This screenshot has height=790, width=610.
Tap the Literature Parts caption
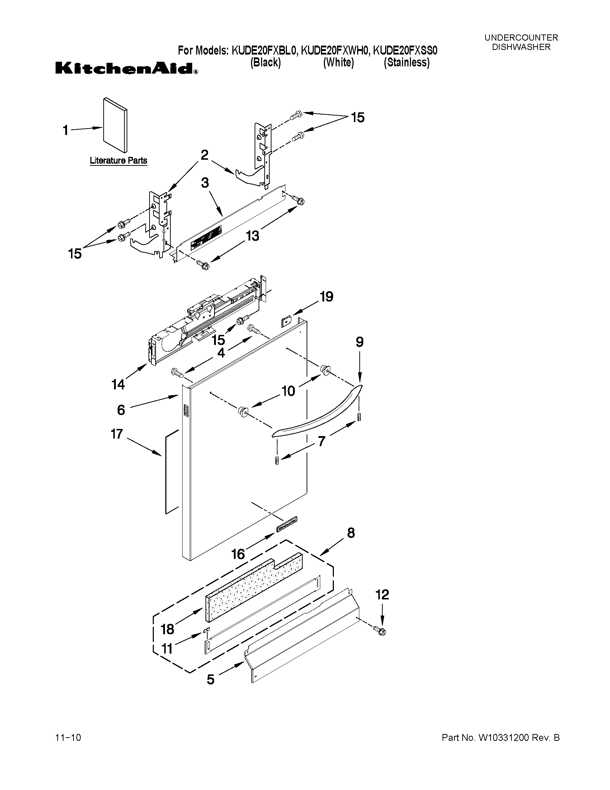click(x=118, y=160)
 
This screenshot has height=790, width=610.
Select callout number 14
click(x=118, y=384)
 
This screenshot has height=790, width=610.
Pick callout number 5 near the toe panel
click(x=211, y=679)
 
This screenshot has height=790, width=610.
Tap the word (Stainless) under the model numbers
click(x=407, y=62)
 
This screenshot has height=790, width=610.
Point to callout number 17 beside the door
click(x=117, y=434)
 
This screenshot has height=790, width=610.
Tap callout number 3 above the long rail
click(x=205, y=183)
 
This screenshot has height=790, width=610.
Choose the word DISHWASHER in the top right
click(x=521, y=47)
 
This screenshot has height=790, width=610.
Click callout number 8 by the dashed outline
click(x=350, y=533)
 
